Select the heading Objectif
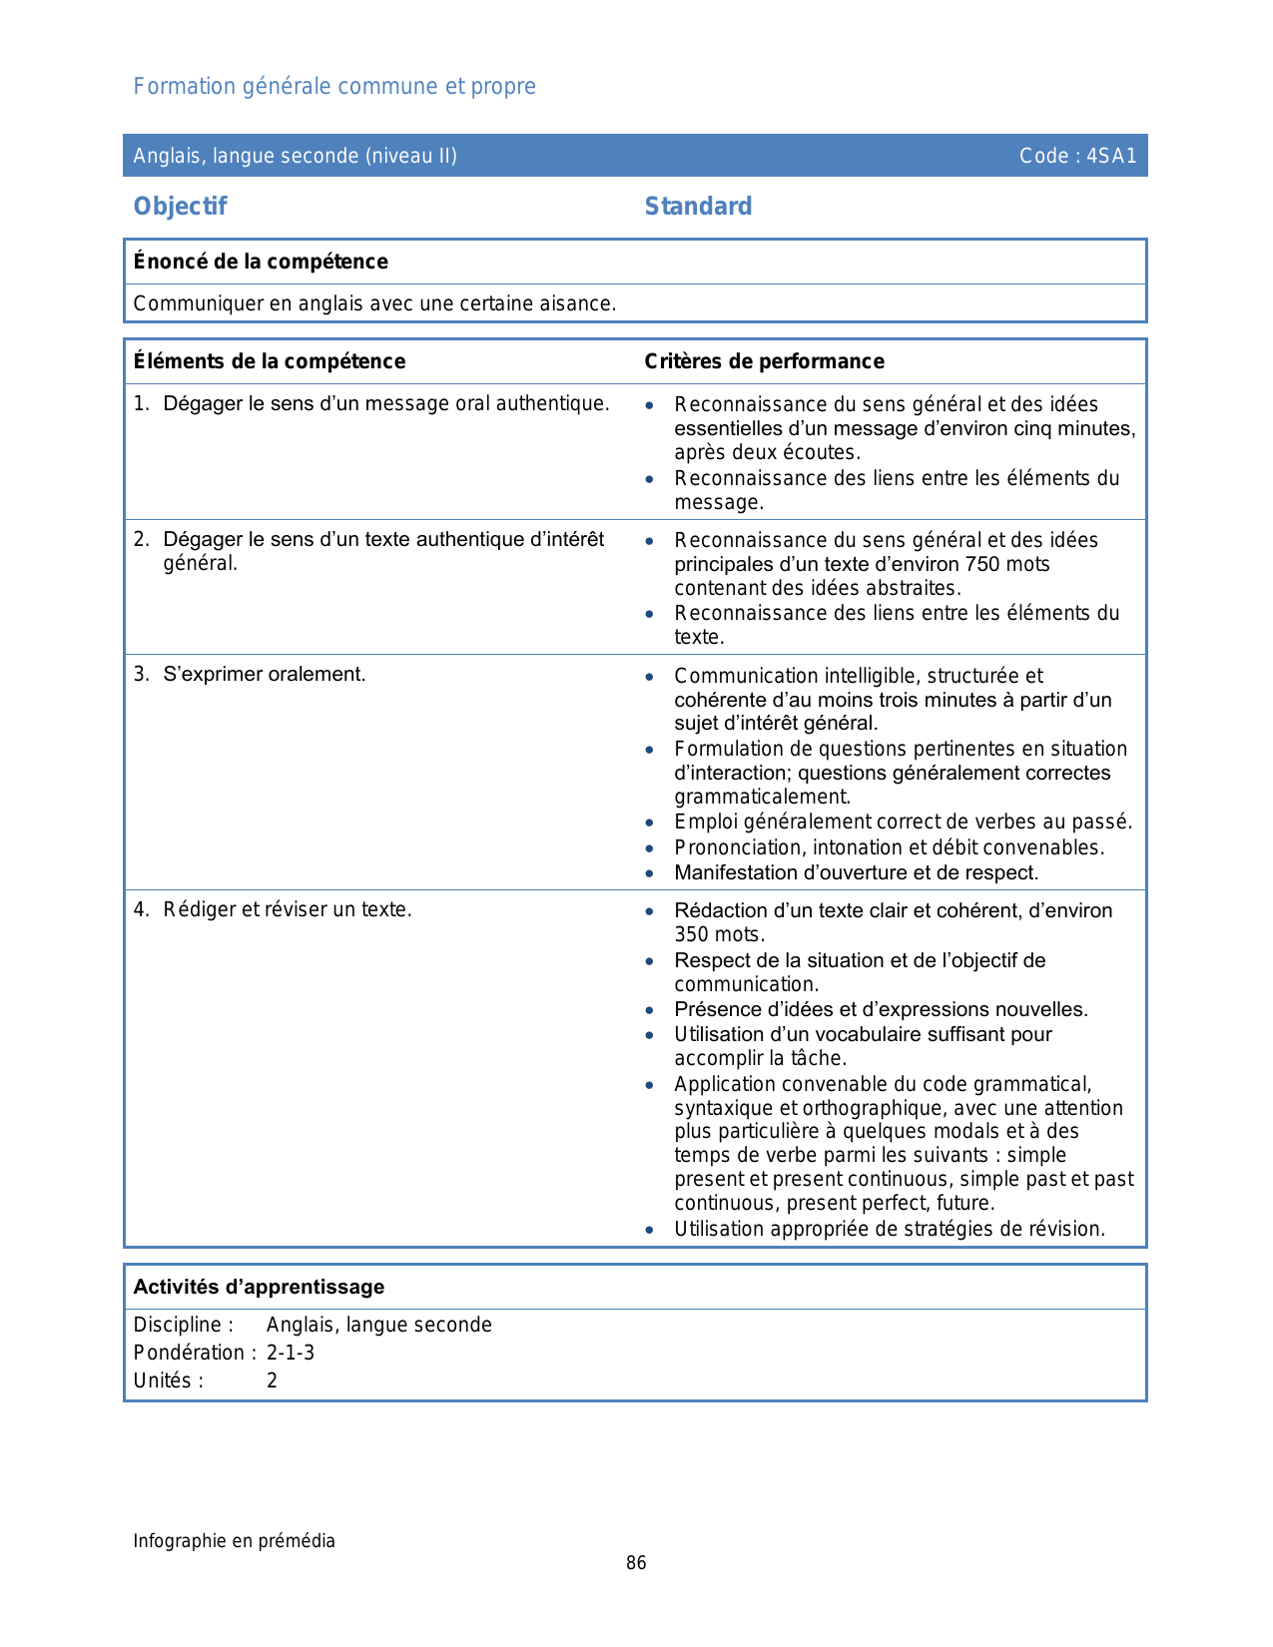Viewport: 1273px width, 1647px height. pyautogui.click(x=180, y=207)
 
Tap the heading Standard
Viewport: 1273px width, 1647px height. pyautogui.click(x=698, y=207)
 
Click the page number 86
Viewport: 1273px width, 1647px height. pyautogui.click(x=636, y=1563)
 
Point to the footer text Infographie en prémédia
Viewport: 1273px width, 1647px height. pyautogui.click(x=234, y=1541)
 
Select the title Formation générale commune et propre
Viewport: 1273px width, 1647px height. pyautogui.click(x=334, y=87)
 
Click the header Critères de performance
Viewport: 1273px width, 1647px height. pyautogui.click(x=764, y=361)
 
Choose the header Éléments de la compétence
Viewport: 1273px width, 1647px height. pyautogui.click(x=270, y=361)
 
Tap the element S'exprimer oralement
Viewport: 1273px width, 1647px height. pyautogui.click(x=264, y=675)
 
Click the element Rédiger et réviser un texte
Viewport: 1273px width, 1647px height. pyautogui.click(x=287, y=910)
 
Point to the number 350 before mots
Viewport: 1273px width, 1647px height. pyautogui.click(x=692, y=935)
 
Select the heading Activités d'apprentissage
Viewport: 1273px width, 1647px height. pyautogui.click(x=259, y=1288)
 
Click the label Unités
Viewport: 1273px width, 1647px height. pyautogui.click(x=168, y=1380)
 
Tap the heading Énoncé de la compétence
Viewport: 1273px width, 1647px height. pyautogui.click(x=261, y=262)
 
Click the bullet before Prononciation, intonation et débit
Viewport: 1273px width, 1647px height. pyautogui.click(x=650, y=848)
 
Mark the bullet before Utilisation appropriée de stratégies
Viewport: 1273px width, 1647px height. pyautogui.click(x=650, y=1230)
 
